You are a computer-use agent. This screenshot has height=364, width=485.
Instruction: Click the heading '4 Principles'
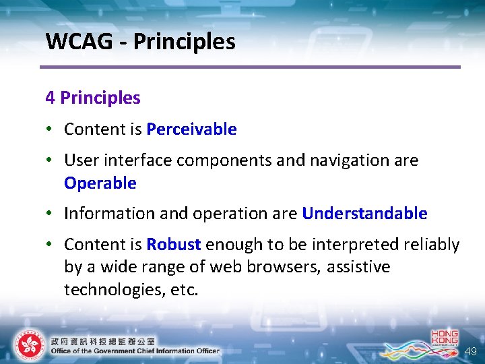(93, 98)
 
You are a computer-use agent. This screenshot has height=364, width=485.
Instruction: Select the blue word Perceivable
(191, 129)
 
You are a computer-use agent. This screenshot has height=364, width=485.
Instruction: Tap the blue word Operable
(100, 183)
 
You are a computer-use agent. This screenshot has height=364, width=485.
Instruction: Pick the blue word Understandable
(364, 214)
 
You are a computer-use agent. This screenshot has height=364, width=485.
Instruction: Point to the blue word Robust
(174, 244)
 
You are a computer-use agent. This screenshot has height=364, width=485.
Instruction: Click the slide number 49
(470, 351)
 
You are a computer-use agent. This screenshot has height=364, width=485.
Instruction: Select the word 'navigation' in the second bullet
(350, 160)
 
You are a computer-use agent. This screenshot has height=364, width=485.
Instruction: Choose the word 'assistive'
(358, 267)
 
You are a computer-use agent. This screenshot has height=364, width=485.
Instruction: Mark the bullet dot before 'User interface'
(51, 161)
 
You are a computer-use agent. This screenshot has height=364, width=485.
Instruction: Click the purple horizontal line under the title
(249, 67)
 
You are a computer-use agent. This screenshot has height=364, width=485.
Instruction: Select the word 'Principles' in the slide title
(184, 42)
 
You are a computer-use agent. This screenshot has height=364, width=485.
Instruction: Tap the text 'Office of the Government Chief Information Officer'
(135, 351)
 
